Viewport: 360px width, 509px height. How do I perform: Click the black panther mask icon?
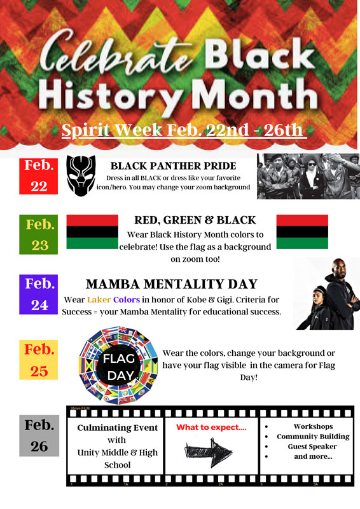click(81, 175)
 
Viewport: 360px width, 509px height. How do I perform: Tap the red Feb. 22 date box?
click(39, 176)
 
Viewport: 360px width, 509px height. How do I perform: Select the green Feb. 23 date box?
click(39, 234)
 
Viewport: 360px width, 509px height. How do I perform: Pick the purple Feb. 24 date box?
click(39, 294)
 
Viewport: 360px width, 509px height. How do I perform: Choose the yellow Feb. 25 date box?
click(39, 360)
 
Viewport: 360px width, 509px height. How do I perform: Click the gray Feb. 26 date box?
click(39, 436)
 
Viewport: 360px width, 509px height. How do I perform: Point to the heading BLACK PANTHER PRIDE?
click(173, 166)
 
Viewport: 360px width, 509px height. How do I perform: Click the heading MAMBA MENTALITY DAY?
click(172, 284)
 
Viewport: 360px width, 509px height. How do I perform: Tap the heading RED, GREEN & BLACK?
click(195, 220)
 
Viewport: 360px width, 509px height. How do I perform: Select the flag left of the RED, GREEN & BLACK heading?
click(92, 232)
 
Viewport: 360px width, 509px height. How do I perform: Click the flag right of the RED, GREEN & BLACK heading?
click(302, 232)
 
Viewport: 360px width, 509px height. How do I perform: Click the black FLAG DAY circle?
click(119, 367)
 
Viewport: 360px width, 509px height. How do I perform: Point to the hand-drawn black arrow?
click(208, 452)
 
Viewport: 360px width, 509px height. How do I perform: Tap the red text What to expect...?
click(211, 428)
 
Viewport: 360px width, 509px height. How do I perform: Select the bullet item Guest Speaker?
click(312, 447)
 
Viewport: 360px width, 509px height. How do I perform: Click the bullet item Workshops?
click(313, 426)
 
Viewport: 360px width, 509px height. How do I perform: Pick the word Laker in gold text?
click(99, 299)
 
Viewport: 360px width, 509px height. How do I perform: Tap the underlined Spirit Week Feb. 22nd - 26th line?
click(184, 130)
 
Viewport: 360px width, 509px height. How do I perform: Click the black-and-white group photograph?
click(308, 176)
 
